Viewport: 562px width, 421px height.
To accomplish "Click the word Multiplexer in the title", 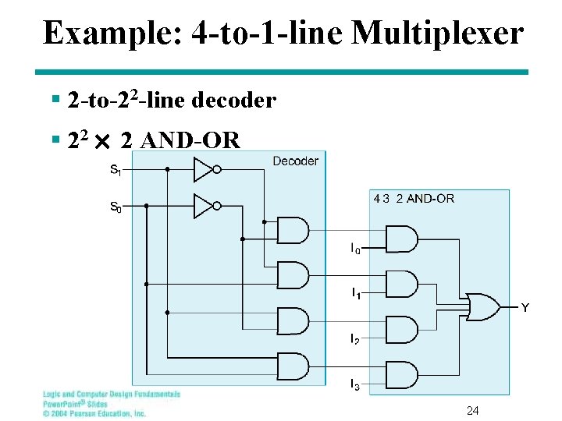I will pos(437,33).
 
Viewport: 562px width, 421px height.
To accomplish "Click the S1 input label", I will pos(115,169).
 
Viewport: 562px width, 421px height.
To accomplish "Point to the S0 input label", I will pos(115,207).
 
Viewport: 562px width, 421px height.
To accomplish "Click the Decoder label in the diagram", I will pos(295,161).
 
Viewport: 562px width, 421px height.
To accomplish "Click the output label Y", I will pos(525,308).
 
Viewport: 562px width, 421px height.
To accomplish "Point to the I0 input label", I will pos(355,249).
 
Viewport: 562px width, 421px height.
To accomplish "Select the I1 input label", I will pos(355,294).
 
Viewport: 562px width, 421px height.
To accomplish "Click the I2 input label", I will pos(355,339).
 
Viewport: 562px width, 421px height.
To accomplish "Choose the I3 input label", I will pos(355,384).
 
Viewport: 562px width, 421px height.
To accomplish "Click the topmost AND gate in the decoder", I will pos(293,231).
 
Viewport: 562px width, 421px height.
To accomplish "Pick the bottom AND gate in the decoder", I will pos(293,366).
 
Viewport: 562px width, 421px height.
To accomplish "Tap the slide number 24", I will pos(472,411).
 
